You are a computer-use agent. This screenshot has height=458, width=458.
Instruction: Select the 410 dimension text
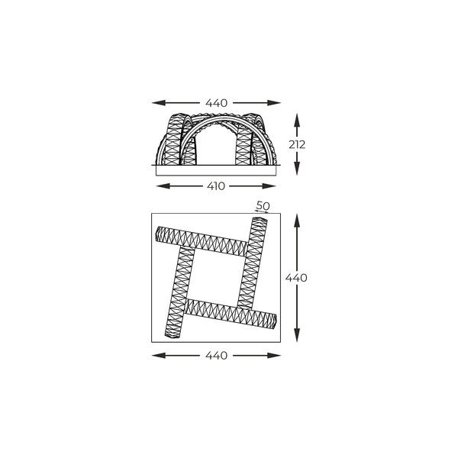click(217, 186)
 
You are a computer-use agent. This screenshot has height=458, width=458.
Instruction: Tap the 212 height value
click(298, 144)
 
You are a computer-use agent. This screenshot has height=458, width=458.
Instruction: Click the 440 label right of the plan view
click(297, 278)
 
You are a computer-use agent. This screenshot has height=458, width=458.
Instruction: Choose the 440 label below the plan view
click(217, 356)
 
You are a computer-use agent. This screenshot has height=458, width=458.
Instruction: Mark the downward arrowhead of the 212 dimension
click(298, 169)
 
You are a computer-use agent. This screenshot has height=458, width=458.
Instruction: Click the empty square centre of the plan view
click(217, 276)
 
